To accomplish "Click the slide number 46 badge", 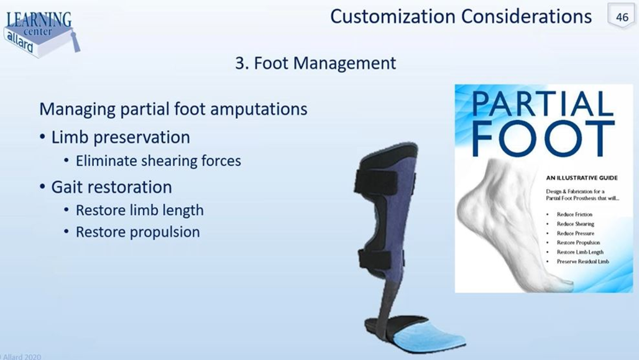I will [622, 17].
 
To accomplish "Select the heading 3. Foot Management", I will [315, 63].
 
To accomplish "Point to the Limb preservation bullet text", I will [121, 137].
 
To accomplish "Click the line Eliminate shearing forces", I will [158, 161].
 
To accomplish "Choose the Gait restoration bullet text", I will [111, 187].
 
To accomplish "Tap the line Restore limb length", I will [139, 210].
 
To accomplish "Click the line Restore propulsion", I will [137, 232].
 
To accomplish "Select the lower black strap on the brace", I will [379, 259].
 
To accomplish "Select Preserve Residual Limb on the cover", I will [582, 262].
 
